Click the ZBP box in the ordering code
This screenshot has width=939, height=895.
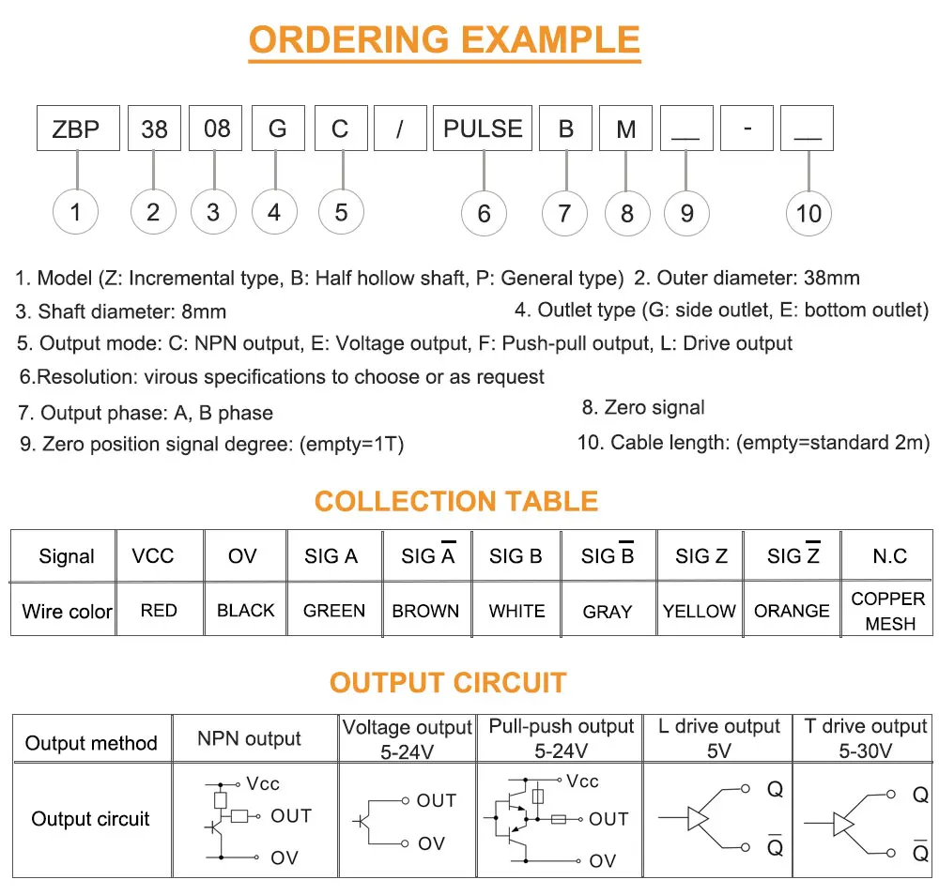pos(78,128)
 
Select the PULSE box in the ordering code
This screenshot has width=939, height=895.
pos(483,128)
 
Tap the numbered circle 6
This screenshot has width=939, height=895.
pos(484,214)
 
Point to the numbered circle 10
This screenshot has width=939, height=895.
pos(808,214)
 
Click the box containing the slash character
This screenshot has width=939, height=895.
pos(400,128)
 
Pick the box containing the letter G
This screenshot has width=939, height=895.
pos(278,128)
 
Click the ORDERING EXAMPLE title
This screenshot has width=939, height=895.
pos(444,40)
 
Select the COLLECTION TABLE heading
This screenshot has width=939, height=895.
pos(456,501)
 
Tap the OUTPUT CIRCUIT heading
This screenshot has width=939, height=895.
pos(448,683)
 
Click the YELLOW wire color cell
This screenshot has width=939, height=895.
pos(700,610)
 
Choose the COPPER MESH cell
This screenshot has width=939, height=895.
pos(887,610)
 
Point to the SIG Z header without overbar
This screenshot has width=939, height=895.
pos(701,555)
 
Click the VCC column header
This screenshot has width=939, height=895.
pos(153,555)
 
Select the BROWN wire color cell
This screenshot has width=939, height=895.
pos(425,610)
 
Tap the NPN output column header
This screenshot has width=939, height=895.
pos(249,738)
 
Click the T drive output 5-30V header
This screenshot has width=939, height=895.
pos(866,738)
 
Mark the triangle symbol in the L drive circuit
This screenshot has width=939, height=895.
pos(698,818)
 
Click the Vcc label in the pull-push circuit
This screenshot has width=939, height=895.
pos(583,781)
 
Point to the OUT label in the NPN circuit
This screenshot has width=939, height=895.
pos(291,815)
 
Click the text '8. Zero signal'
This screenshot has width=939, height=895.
pos(643,407)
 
